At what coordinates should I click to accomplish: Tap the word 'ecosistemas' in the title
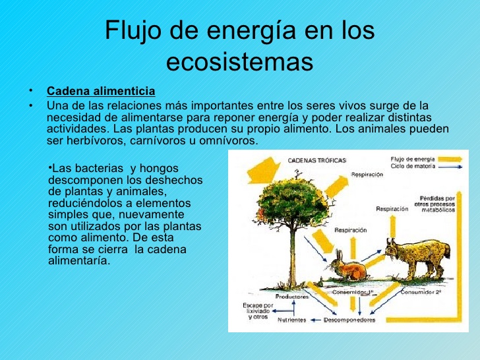click(239, 62)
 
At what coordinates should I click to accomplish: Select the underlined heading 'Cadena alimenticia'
click(101, 90)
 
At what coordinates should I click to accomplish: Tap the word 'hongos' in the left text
click(179, 169)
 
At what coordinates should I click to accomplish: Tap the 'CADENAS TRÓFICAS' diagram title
click(316, 160)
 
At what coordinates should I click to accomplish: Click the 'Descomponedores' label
click(350, 320)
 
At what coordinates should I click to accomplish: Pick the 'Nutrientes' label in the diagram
click(291, 320)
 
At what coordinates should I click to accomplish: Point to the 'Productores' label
click(292, 297)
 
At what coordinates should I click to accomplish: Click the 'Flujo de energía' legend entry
click(412, 159)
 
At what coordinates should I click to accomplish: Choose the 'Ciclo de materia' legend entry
click(413, 167)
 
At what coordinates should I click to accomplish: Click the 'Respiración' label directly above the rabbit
click(351, 230)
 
